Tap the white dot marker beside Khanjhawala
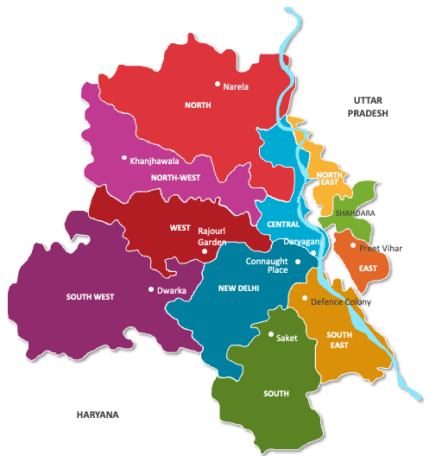point(124,158)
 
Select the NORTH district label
point(198,105)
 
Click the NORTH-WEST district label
point(175,178)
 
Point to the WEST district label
point(180,228)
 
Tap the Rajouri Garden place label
point(212,237)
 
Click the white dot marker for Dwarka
point(151,290)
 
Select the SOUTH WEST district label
point(91,297)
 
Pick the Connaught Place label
point(266,265)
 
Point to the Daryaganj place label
point(301,244)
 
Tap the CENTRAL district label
point(283,224)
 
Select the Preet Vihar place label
point(381,248)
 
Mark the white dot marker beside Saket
point(270,335)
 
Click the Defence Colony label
point(341,301)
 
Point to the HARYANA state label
point(96,415)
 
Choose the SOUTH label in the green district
point(275,394)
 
